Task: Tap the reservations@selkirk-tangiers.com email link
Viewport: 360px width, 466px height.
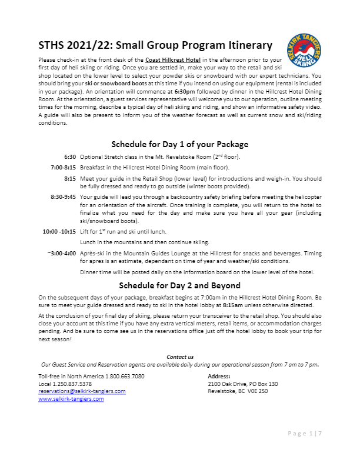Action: [82, 391]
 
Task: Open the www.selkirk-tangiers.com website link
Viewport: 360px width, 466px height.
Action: [71, 399]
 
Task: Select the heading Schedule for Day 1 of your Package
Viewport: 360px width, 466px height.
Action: [180, 144]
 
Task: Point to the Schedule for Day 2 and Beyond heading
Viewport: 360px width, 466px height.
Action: [180, 286]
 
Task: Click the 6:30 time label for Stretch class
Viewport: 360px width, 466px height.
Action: [70, 157]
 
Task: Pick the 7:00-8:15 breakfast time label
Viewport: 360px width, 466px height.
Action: [64, 167]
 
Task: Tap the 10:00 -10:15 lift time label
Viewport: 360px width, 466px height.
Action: [59, 231]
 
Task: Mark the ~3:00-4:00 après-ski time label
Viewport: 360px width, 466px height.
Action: [62, 252]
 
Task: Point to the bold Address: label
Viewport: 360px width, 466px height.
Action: [219, 376]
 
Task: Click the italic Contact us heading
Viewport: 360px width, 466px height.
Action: [180, 357]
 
